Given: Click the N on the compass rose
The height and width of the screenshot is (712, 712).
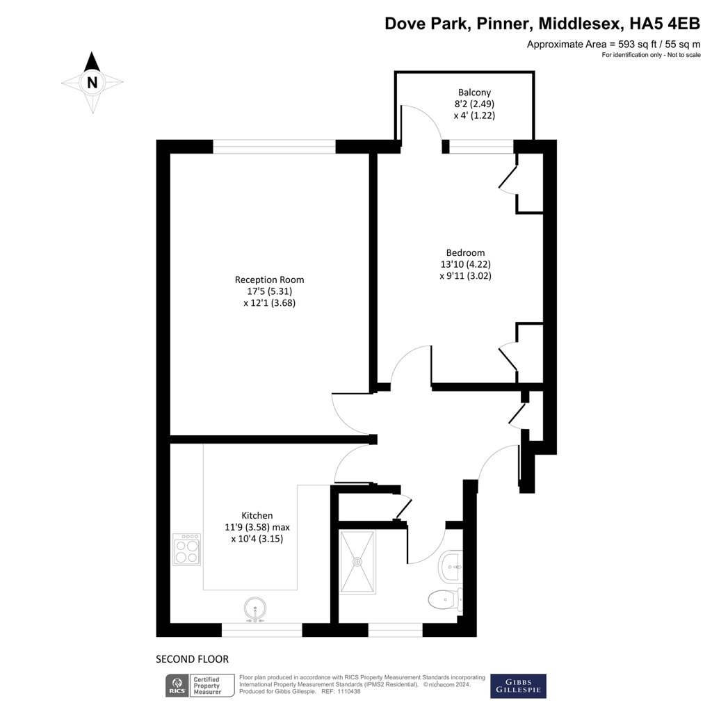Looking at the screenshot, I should click(92, 82).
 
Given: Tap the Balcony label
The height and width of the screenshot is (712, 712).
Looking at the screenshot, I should click(474, 92).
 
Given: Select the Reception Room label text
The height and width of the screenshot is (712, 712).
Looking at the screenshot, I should click(269, 280).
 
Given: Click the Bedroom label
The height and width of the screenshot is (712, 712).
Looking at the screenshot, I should click(465, 252).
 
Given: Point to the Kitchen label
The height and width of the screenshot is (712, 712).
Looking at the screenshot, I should click(257, 515).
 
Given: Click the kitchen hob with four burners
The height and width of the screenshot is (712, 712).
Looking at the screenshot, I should click(186, 549).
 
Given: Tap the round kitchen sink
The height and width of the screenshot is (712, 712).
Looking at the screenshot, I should click(256, 610).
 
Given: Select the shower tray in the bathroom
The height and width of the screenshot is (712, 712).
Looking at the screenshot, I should click(358, 563).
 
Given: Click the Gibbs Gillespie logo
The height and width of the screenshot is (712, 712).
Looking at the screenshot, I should click(518, 686).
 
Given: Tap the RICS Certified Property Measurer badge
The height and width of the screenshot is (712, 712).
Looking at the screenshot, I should click(195, 686).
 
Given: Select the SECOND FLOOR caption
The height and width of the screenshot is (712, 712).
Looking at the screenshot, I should click(192, 658).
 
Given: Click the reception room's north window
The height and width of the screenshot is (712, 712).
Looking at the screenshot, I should click(274, 147).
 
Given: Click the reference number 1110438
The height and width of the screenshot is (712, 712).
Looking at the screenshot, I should click(346, 692).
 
